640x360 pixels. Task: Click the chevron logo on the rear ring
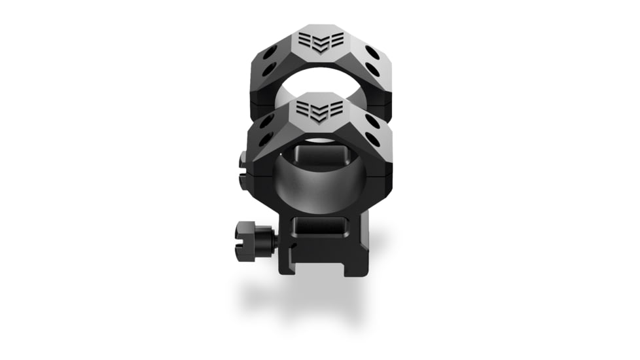click(x=320, y=41)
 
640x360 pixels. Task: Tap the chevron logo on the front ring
click(x=320, y=111)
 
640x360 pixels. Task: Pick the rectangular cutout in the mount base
click(x=321, y=226)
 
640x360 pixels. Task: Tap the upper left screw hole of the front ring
click(x=268, y=122)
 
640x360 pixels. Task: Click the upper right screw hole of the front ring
click(x=372, y=121)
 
